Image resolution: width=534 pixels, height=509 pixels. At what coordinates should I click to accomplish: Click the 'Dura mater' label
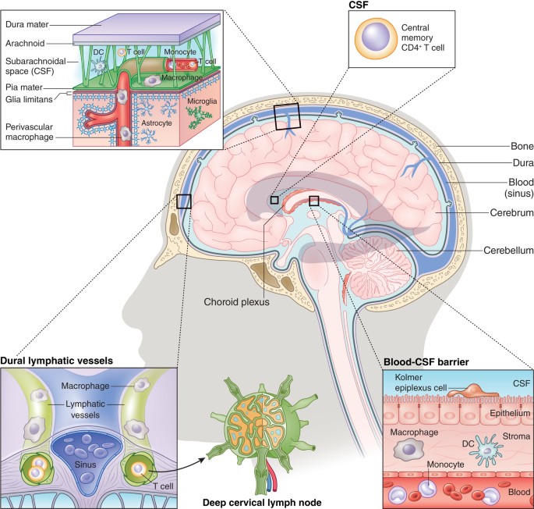pyautogui.click(x=29, y=24)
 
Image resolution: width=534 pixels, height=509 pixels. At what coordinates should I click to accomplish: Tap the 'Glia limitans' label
pyautogui.click(x=30, y=97)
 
